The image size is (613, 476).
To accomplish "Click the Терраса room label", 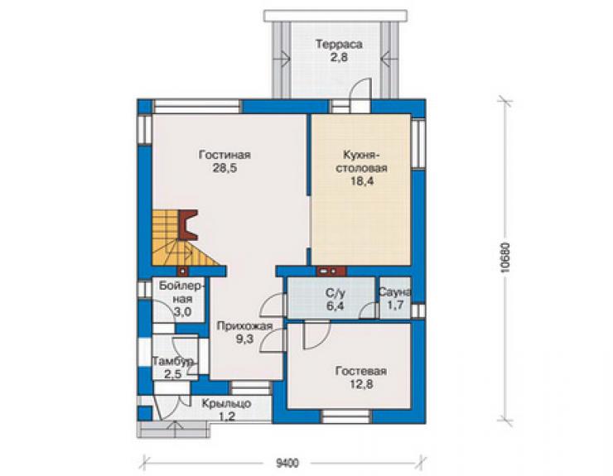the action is click(339, 44).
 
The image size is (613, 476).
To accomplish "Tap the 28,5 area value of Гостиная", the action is click(225, 168).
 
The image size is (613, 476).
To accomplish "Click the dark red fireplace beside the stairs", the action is click(188, 224).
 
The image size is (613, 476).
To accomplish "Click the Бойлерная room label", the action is click(181, 292).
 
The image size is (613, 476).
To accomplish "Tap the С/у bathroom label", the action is click(335, 293).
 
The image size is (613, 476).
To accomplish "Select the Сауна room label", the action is click(395, 292).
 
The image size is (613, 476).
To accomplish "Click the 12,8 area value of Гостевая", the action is click(361, 385).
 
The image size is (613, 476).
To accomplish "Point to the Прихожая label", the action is click(244, 326).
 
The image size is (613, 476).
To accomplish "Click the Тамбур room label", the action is click(173, 362).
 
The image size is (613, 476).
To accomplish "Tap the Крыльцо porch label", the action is click(226, 404).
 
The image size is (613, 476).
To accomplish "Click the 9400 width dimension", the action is click(287, 464).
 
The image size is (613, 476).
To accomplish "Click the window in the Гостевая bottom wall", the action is click(347, 416).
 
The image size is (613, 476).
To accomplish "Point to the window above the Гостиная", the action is click(196, 107).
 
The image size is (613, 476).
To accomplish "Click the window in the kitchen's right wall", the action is click(418, 144).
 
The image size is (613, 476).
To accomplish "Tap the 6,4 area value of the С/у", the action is click(335, 305).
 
